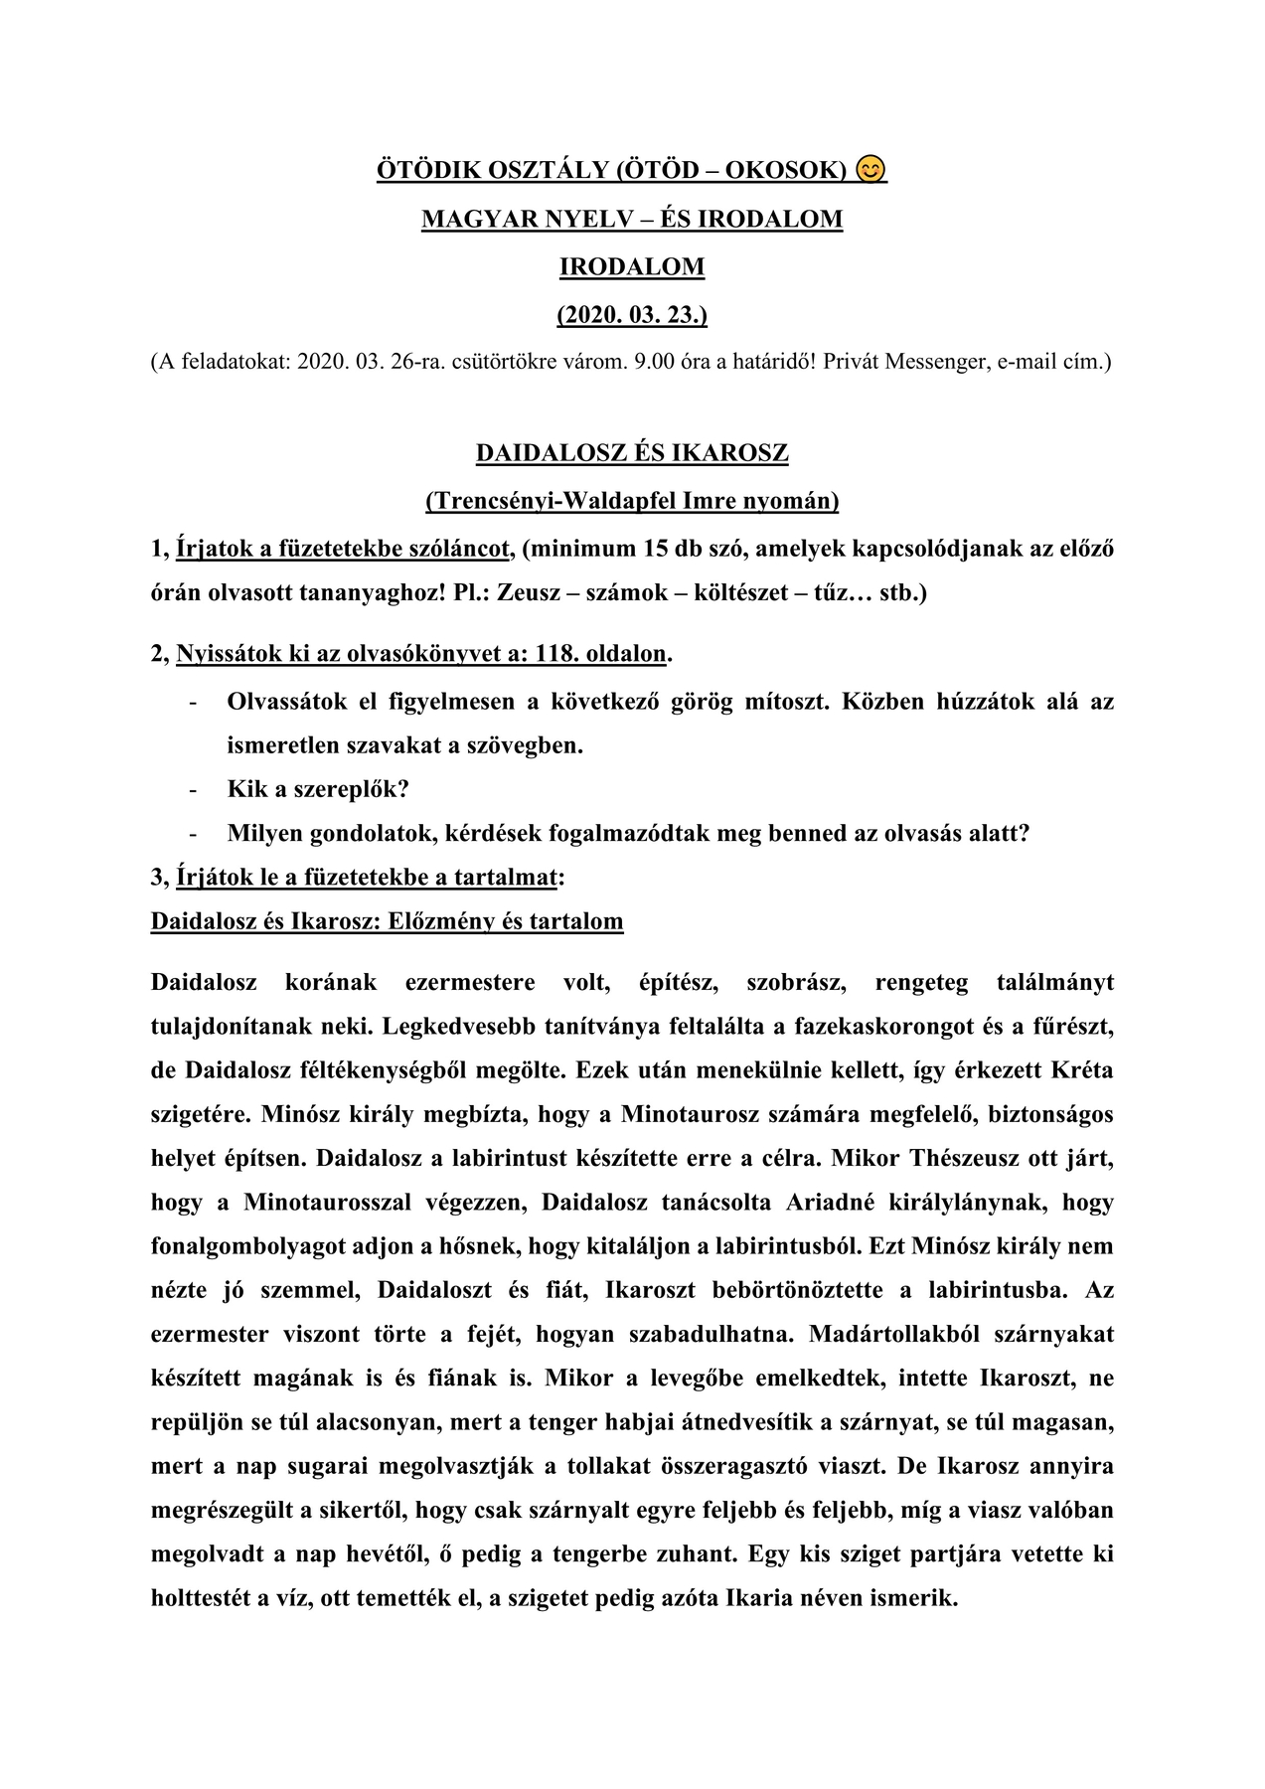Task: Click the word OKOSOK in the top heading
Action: (x=785, y=171)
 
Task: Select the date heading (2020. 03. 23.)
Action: (x=632, y=315)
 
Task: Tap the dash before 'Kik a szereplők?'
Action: (x=192, y=790)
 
